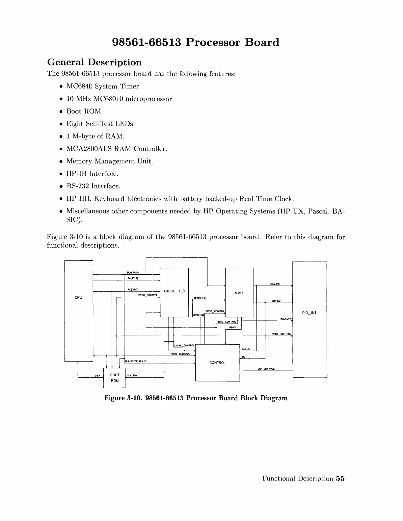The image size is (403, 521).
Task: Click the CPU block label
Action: click(x=78, y=297)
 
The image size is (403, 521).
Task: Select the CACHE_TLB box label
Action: click(x=174, y=291)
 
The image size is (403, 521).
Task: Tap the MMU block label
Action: click(x=239, y=293)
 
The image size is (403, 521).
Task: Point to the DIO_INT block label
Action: click(x=309, y=313)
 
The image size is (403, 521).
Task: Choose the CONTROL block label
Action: click(x=217, y=363)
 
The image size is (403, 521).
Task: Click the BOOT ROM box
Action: click(x=115, y=378)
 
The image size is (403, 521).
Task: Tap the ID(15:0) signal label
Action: click(x=276, y=301)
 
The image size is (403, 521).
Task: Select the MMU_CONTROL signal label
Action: click(x=227, y=322)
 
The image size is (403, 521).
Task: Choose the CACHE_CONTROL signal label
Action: click(x=184, y=345)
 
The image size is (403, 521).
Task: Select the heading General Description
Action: click(x=94, y=62)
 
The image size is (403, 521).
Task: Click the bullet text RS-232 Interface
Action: click(x=94, y=186)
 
